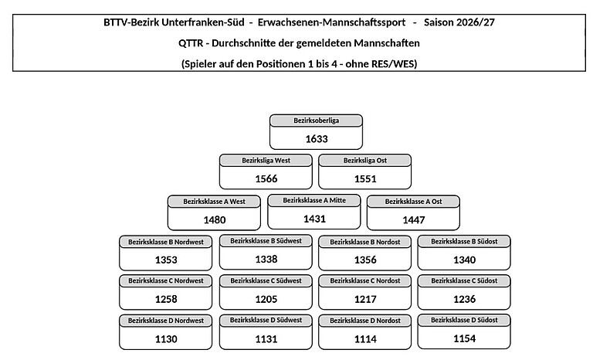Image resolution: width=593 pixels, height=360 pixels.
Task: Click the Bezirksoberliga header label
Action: tap(316, 121)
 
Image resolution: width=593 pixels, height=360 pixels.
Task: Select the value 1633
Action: tap(317, 139)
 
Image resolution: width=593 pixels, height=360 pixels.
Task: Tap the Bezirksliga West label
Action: tap(266, 161)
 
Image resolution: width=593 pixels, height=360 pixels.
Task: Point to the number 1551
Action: tap(365, 178)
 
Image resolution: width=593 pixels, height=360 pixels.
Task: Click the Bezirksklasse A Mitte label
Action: tap(314, 201)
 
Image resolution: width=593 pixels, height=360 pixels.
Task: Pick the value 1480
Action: tap(215, 220)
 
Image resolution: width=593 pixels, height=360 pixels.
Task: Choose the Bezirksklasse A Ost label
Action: tap(413, 202)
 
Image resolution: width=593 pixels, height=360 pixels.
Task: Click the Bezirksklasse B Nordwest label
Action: tap(166, 242)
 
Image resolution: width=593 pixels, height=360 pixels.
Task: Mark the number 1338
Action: tap(266, 260)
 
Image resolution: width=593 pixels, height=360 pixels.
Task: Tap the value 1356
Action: tap(365, 260)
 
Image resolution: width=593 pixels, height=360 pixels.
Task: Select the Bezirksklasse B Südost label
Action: tap(464, 242)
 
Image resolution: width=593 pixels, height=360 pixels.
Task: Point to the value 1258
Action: tap(166, 300)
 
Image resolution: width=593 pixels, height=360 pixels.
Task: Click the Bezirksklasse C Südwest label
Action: tap(266, 281)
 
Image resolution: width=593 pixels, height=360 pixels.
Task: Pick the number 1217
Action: tap(365, 300)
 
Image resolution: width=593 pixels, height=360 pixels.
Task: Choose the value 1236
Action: tap(464, 300)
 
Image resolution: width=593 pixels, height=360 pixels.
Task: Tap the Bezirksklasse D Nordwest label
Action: tap(166, 321)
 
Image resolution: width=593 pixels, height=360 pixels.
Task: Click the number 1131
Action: tap(266, 339)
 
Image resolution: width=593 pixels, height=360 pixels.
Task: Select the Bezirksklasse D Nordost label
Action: tap(365, 321)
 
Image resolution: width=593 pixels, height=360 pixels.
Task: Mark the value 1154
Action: tap(464, 339)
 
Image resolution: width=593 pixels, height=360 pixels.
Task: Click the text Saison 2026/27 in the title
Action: tap(459, 22)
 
